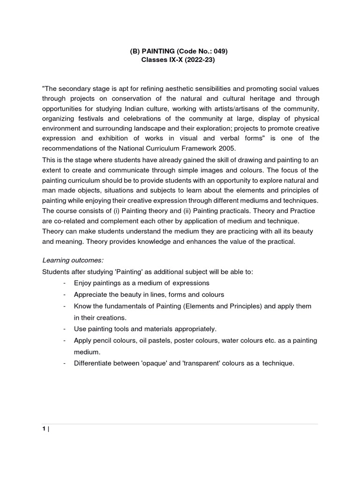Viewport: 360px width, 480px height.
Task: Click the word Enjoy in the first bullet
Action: (x=82, y=283)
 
